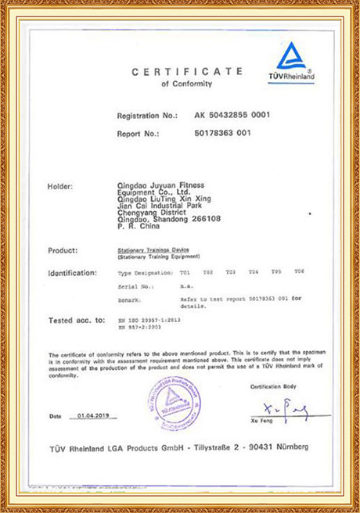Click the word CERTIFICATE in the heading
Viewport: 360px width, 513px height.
(x=187, y=71)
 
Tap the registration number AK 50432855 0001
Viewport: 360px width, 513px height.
(x=232, y=115)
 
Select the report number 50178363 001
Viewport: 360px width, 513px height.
(x=222, y=133)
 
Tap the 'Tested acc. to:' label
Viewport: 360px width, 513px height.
(x=76, y=320)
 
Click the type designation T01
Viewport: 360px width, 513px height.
(x=185, y=271)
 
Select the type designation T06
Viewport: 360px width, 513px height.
(x=299, y=271)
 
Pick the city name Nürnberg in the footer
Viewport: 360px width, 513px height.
(x=289, y=447)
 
